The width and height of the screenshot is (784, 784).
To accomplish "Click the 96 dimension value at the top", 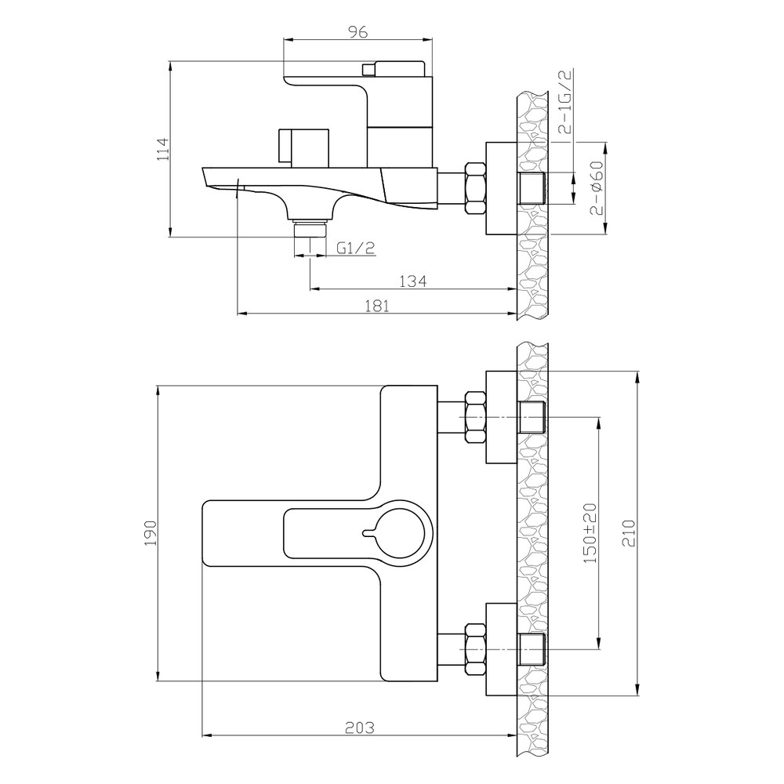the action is [358, 31].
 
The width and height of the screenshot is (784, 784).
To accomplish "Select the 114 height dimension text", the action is [164, 148].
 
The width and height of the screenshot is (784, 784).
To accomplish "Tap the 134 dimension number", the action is [413, 281].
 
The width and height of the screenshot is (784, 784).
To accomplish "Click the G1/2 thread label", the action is [355, 248].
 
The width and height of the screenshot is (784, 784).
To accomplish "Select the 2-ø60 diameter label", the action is [597, 187].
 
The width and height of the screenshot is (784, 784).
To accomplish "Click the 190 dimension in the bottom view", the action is [151, 533].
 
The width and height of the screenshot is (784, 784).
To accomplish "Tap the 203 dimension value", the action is [360, 727].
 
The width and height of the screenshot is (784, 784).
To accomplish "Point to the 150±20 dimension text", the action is [590, 532].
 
